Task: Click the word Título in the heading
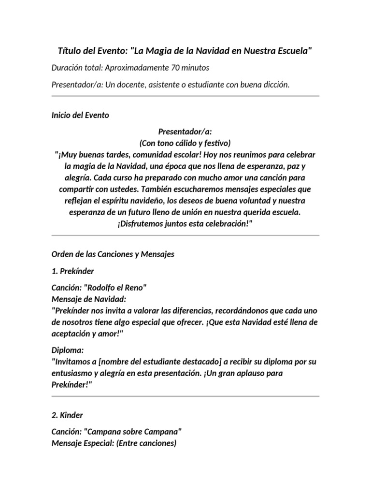coord(70,51)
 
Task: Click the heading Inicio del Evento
coord(80,116)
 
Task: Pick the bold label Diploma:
coord(67,350)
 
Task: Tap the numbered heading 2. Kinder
coord(67,415)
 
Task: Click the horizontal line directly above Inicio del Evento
coord(185,96)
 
